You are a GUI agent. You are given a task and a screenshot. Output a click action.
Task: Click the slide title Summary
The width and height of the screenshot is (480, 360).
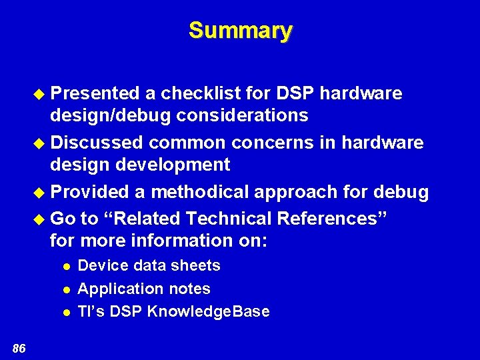240,31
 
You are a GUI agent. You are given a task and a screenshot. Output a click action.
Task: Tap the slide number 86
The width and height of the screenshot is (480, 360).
19,347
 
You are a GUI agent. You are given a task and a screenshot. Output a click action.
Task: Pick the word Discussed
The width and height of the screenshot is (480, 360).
97,143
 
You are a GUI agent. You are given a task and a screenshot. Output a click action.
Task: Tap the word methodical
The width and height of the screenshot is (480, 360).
200,192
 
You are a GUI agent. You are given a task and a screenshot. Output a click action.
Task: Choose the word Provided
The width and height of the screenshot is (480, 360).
90,192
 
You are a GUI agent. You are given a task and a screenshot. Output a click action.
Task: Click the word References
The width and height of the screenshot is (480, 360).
327,219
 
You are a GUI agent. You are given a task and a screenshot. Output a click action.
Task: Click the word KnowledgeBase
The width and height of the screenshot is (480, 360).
208,312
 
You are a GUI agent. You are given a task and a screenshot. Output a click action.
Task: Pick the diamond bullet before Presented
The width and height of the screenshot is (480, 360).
41,94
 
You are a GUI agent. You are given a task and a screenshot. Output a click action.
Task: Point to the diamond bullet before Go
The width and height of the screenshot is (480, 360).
41,219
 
